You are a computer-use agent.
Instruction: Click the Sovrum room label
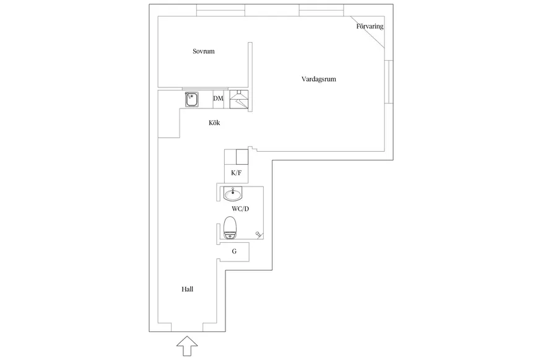point(204,51)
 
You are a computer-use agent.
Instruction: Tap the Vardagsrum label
point(318,79)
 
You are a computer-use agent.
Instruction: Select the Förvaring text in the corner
point(370,26)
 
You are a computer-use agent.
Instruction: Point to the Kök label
point(214,123)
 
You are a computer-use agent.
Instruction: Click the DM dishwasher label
point(218,99)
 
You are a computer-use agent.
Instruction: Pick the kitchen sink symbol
point(191,100)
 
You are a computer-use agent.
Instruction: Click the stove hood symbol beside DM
point(239,99)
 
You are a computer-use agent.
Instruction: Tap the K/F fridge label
point(237,173)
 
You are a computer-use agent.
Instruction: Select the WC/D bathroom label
point(240,209)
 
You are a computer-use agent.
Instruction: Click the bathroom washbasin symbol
point(233,194)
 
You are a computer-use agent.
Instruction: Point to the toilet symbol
point(230,228)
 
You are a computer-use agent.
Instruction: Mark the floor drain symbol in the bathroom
point(258,234)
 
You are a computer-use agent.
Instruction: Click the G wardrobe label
point(234,252)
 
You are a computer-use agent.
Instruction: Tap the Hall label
point(188,289)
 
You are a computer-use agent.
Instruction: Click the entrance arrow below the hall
point(187,346)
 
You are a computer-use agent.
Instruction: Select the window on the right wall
point(389,82)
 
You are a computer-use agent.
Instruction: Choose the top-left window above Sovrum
point(220,11)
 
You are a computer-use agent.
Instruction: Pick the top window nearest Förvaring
point(321,11)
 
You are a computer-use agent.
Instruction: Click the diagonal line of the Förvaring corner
point(368,32)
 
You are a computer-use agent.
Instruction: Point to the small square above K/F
point(242,157)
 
